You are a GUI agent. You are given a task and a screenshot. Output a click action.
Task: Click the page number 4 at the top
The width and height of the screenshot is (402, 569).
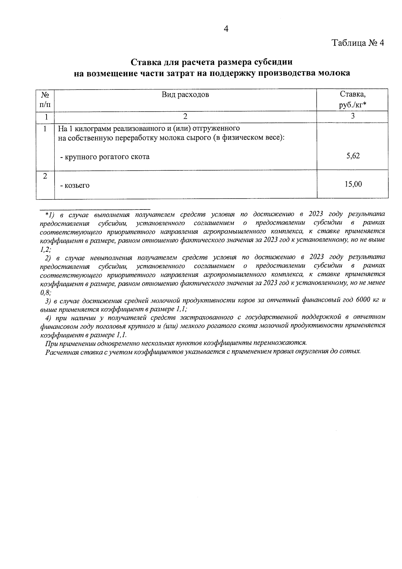[x=226, y=29]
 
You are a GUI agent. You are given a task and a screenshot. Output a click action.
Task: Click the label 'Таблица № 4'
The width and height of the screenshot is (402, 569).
[x=357, y=43]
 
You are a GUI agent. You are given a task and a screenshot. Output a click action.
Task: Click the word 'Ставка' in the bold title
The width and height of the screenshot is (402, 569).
[x=145, y=62]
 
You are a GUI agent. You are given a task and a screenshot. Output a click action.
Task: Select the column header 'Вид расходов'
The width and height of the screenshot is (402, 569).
[x=185, y=95]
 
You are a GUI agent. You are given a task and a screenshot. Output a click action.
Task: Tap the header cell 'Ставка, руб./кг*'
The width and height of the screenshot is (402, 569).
[x=352, y=100]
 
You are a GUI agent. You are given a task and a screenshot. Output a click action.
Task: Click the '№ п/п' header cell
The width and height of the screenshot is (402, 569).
[x=45, y=100]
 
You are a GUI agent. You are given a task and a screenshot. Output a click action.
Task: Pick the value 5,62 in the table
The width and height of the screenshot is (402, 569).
[x=353, y=156]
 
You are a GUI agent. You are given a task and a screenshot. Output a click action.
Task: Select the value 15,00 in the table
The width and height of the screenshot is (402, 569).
[x=353, y=184]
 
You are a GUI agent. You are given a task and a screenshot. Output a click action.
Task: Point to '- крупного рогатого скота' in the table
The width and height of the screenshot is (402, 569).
[x=105, y=157]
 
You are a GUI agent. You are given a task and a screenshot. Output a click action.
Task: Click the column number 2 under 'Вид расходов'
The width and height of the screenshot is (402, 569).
[x=185, y=116]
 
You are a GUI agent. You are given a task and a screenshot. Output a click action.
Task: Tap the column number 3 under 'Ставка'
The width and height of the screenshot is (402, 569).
[x=352, y=116]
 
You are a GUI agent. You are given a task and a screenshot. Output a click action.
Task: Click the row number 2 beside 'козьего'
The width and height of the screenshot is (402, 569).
[x=45, y=176]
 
